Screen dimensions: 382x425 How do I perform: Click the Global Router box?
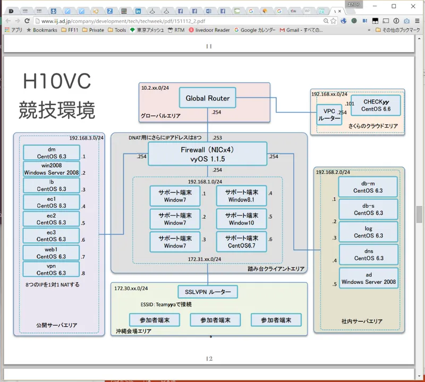pyautogui.click(x=208, y=98)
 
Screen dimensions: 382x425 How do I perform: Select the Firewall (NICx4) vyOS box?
pyautogui.click(x=207, y=154)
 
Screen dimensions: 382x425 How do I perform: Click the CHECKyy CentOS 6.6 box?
pyautogui.click(x=376, y=105)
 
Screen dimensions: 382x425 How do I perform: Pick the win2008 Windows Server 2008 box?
pyautogui.click(x=51, y=169)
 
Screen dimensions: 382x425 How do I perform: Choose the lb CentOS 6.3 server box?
pyautogui.click(x=51, y=185)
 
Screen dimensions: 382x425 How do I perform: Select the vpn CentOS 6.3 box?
pyautogui.click(x=51, y=270)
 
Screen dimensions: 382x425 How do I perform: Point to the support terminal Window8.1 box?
pyautogui.click(x=242, y=196)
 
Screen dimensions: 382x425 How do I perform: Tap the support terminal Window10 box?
pyautogui.click(x=242, y=219)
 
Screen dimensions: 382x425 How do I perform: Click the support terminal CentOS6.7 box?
pyautogui.click(x=242, y=242)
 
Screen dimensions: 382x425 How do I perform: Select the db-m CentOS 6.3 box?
pyautogui.click(x=368, y=186)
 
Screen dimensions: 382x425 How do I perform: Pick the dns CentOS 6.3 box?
pyautogui.click(x=368, y=254)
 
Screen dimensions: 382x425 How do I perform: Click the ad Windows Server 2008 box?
pyautogui.click(x=368, y=278)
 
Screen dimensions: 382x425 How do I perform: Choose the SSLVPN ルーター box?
pyautogui.click(x=208, y=292)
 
